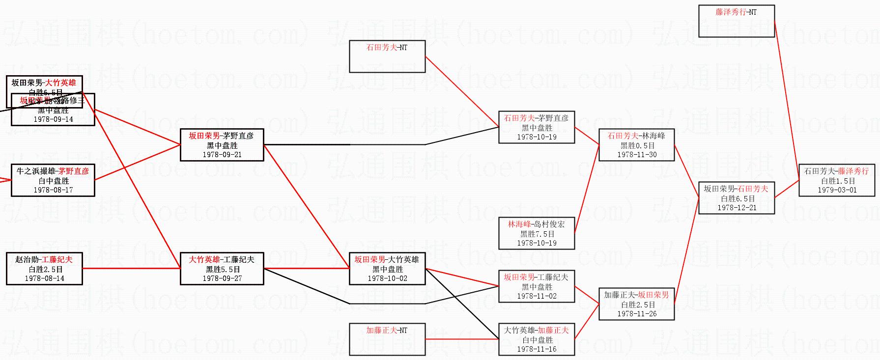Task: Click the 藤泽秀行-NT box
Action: click(x=736, y=21)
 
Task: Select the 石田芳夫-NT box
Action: click(x=387, y=56)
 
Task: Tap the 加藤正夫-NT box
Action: click(x=387, y=339)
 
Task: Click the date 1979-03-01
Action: click(x=837, y=190)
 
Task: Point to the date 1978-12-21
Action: click(x=737, y=208)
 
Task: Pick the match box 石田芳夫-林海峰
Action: click(x=636, y=145)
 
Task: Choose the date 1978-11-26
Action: click(x=637, y=314)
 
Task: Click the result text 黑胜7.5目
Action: click(x=537, y=234)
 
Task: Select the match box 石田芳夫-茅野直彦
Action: click(x=537, y=127)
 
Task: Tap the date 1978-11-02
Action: click(x=537, y=296)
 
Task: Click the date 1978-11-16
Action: click(x=537, y=349)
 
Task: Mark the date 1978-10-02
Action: click(x=387, y=278)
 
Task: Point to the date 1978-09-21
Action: click(x=222, y=155)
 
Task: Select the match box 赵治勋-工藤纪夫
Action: click(x=44, y=269)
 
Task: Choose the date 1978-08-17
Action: click(x=53, y=190)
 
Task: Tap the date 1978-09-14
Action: click(x=53, y=119)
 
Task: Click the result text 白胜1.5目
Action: click(x=837, y=181)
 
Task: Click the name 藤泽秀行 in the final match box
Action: click(x=853, y=171)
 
